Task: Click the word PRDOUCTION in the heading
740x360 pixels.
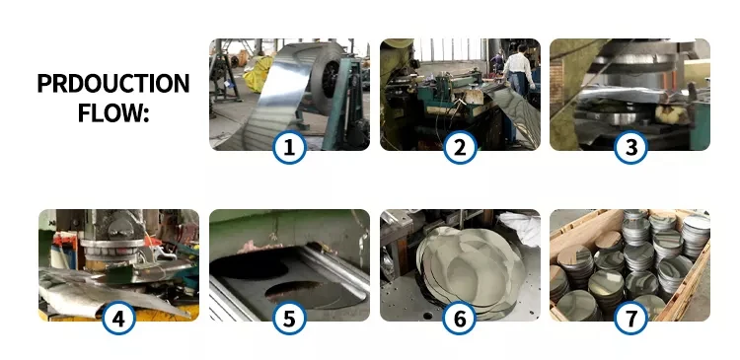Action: [x=113, y=84]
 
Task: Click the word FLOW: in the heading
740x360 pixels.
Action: [x=113, y=112]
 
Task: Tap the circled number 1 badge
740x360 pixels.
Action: [x=289, y=147]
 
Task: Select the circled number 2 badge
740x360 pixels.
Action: [x=460, y=147]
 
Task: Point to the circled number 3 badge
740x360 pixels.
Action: [x=630, y=147]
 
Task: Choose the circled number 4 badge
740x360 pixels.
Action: [x=118, y=318]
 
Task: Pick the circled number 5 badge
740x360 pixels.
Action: [x=289, y=318]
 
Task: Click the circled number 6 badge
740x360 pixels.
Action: [x=460, y=318]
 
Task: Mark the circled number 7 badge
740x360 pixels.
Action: [x=630, y=318]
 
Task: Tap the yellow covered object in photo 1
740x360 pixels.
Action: [x=258, y=74]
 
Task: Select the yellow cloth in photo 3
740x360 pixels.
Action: [x=670, y=114]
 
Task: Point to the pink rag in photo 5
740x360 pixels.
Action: [x=258, y=247]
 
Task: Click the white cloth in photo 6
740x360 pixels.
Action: [x=521, y=228]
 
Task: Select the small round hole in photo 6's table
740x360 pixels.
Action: [x=428, y=316]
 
